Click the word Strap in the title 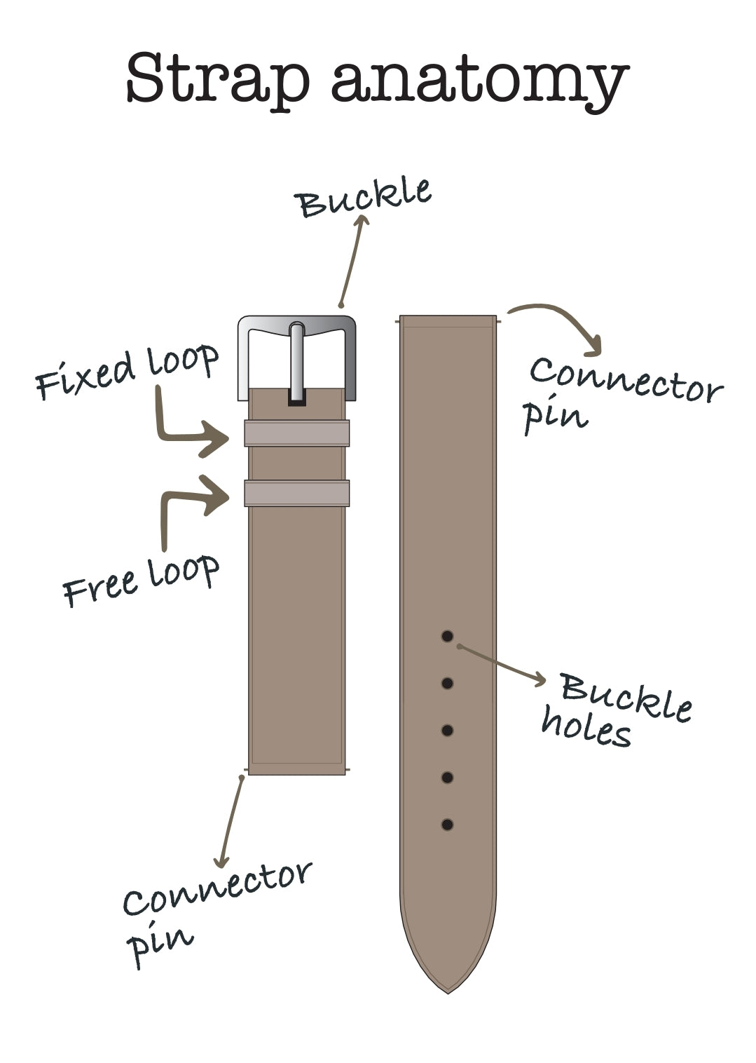[x=217, y=79]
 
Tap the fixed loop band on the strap [x=296, y=433]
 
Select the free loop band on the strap [x=296, y=493]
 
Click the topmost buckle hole [x=447, y=636]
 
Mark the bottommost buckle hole [x=447, y=825]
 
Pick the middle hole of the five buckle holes [x=447, y=731]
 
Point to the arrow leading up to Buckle [x=352, y=259]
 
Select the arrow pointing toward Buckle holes [x=502, y=663]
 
